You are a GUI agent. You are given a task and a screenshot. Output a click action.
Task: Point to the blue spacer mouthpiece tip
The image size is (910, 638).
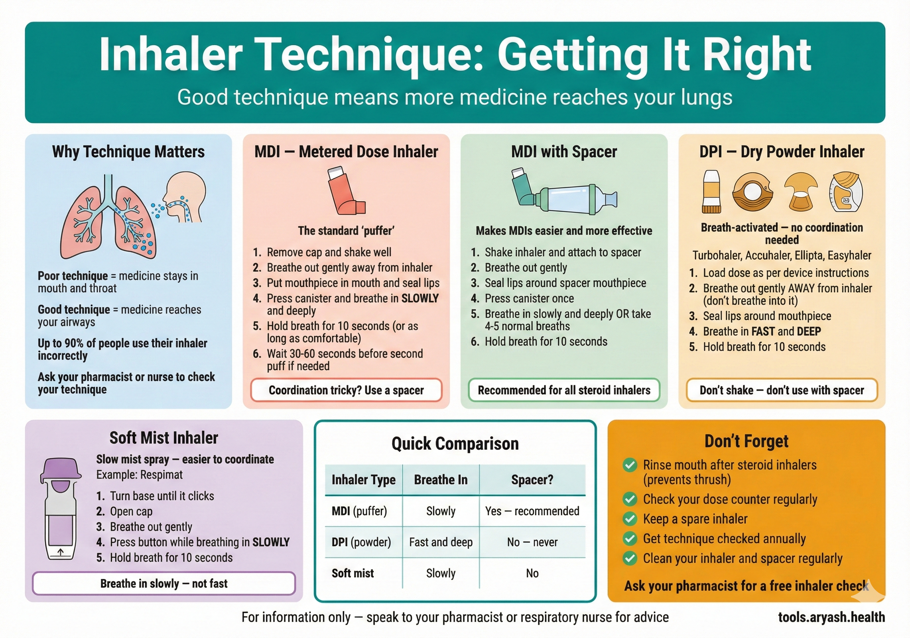pos(610,199)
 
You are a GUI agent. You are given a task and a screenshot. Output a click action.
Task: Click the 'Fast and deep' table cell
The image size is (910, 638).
pos(441,542)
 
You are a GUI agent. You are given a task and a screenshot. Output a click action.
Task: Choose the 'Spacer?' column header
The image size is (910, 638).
pos(532,480)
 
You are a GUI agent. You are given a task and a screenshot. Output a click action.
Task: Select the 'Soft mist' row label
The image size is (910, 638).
pos(353,573)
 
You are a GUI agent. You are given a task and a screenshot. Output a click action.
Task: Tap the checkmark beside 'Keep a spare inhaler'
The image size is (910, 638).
pos(630,518)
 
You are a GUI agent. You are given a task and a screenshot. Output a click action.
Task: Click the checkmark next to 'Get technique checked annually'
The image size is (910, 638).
pos(630,538)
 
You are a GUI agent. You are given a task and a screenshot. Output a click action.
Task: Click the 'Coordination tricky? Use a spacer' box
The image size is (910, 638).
pos(346,390)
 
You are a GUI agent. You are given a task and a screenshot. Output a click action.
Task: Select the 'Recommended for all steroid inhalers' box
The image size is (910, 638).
pos(564,390)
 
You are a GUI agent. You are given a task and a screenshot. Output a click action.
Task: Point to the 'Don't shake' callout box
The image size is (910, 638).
pos(781,390)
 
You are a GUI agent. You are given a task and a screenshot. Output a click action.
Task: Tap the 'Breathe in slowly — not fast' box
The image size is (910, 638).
pos(164,583)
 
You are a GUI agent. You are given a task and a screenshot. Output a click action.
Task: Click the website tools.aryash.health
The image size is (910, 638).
pos(831,617)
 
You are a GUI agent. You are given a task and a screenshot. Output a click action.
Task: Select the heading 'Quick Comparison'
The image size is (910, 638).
pos(455,443)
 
